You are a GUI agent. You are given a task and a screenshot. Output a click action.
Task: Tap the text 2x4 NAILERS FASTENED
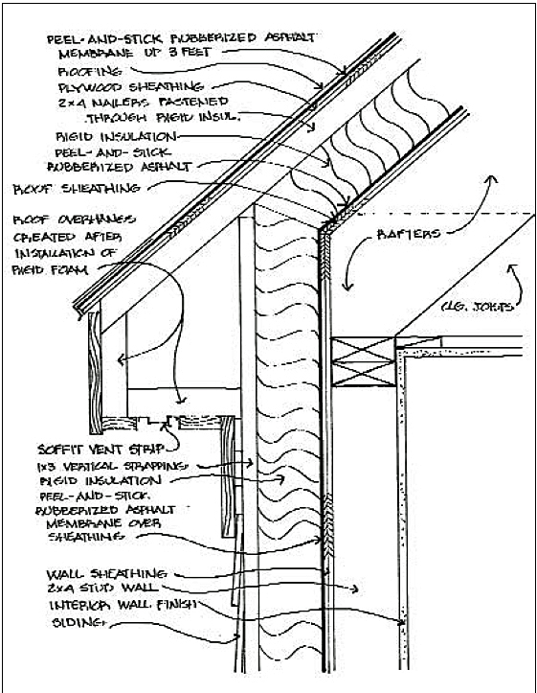click(x=143, y=103)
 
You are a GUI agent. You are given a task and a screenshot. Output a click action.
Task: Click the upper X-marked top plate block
click(x=361, y=352)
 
